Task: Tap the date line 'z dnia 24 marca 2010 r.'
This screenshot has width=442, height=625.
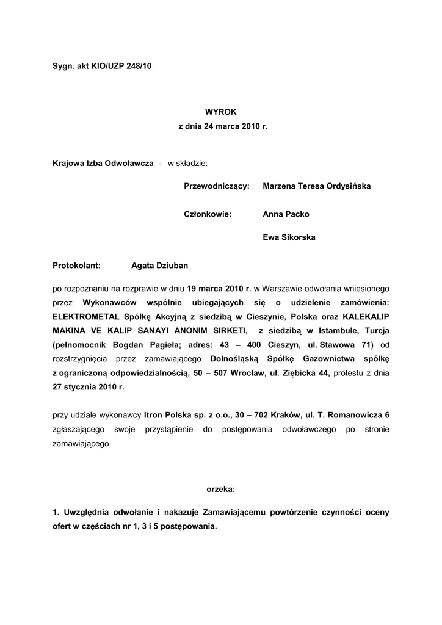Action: (x=223, y=126)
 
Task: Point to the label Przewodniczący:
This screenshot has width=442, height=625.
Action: (x=217, y=186)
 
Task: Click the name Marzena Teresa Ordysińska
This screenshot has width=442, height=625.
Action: (x=316, y=186)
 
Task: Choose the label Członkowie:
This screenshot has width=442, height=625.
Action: (x=208, y=214)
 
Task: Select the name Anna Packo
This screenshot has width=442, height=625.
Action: (x=286, y=214)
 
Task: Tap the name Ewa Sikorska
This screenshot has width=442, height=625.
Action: (x=289, y=237)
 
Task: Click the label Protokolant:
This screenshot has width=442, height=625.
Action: (x=76, y=266)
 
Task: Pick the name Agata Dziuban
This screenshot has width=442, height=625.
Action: (x=160, y=266)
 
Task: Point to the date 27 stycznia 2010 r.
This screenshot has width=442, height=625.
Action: (x=89, y=387)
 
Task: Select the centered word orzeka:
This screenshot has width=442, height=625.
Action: (x=221, y=489)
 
